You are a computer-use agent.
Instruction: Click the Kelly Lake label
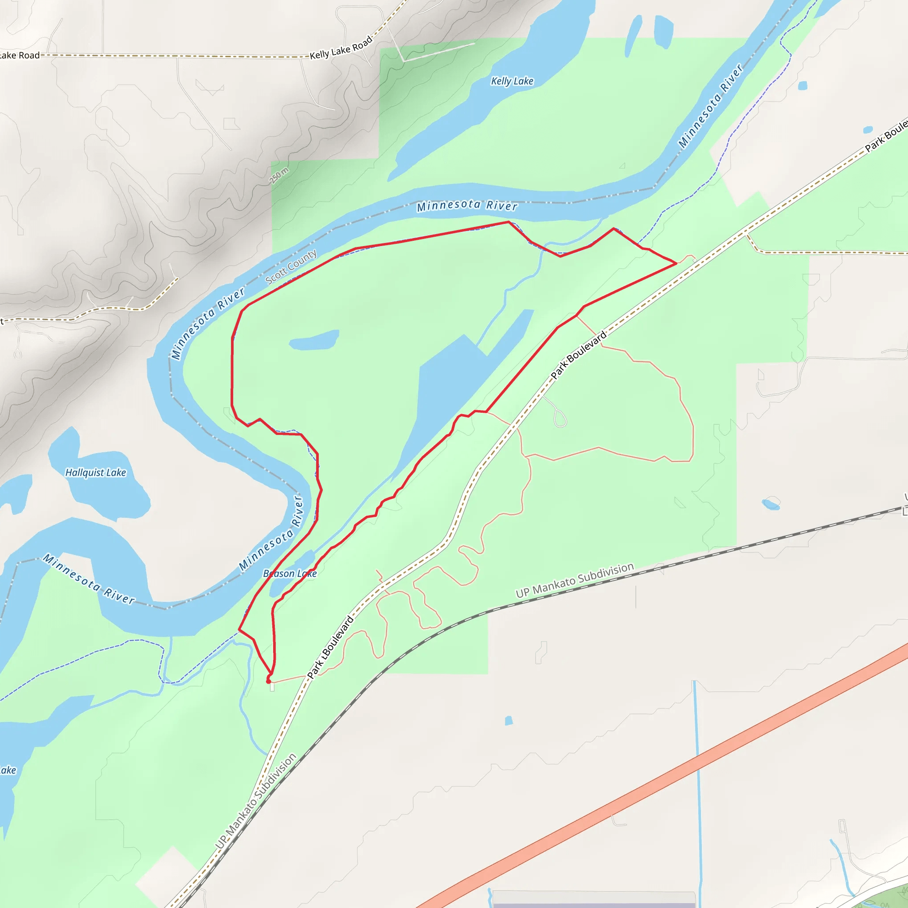click(x=512, y=81)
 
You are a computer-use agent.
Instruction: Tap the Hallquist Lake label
click(x=95, y=473)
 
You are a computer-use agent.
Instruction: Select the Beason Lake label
click(x=290, y=574)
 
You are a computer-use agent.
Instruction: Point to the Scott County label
click(x=291, y=267)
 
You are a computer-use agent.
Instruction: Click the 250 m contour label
click(x=279, y=175)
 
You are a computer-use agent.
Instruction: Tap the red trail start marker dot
click(x=268, y=681)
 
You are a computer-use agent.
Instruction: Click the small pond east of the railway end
click(x=770, y=504)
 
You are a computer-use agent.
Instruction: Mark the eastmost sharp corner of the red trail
click(x=676, y=264)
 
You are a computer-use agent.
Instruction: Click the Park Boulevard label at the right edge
click(x=885, y=135)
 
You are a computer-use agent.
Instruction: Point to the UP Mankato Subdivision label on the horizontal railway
click(x=574, y=580)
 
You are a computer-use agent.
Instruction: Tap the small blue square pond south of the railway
click(x=509, y=720)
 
